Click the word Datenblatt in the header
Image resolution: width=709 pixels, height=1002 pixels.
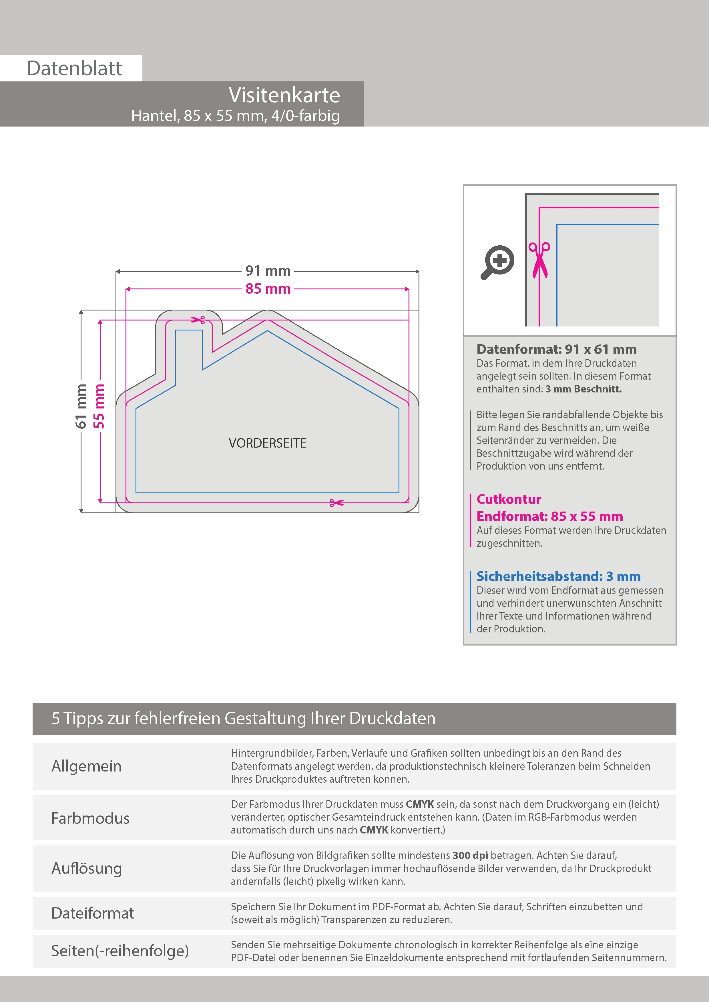[x=74, y=69]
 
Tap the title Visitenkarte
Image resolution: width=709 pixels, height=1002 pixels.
[x=284, y=95]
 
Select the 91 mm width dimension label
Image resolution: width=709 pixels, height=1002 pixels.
[x=268, y=271]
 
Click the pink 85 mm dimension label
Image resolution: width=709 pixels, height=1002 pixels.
[x=268, y=289]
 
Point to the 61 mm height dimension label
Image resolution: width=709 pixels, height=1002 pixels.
[x=81, y=406]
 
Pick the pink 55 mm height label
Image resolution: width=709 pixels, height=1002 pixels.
[x=99, y=406]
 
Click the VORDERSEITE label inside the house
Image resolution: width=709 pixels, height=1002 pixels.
[x=267, y=443]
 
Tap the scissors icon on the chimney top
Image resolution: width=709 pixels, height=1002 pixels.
[x=199, y=320]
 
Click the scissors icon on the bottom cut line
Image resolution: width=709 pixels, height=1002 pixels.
[x=336, y=503]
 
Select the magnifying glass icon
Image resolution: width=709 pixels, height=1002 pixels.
[x=497, y=262]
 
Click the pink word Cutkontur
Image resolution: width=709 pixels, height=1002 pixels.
[x=509, y=499]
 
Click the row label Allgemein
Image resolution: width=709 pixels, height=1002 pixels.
[x=87, y=766]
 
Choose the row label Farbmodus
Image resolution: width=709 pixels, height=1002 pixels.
[x=90, y=818]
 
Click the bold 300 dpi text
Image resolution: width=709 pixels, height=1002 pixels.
[x=470, y=855]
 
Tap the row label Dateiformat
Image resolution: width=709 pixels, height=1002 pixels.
[x=93, y=913]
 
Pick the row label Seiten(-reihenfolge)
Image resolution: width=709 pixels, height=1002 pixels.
[x=120, y=951]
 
